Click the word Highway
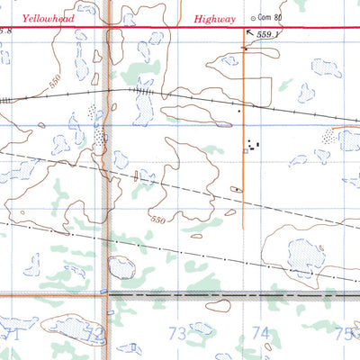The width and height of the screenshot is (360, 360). coord(214,19)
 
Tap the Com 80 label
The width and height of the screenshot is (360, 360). coord(269,17)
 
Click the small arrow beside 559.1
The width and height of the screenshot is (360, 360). coord(249,33)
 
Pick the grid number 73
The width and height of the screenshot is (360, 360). coord(177,333)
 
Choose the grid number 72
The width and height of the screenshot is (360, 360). coord(94,333)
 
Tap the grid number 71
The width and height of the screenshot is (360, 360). coord(11,333)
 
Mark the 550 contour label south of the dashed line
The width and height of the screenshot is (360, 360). coord(158,220)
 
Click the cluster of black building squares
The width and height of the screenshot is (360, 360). coord(253,142)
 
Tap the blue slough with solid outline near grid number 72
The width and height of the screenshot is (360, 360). coord(120,266)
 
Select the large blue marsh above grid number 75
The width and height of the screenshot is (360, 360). coord(302,255)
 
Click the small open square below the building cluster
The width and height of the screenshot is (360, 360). coord(245,152)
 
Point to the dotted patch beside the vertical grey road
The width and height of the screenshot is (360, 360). coord(96,126)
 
